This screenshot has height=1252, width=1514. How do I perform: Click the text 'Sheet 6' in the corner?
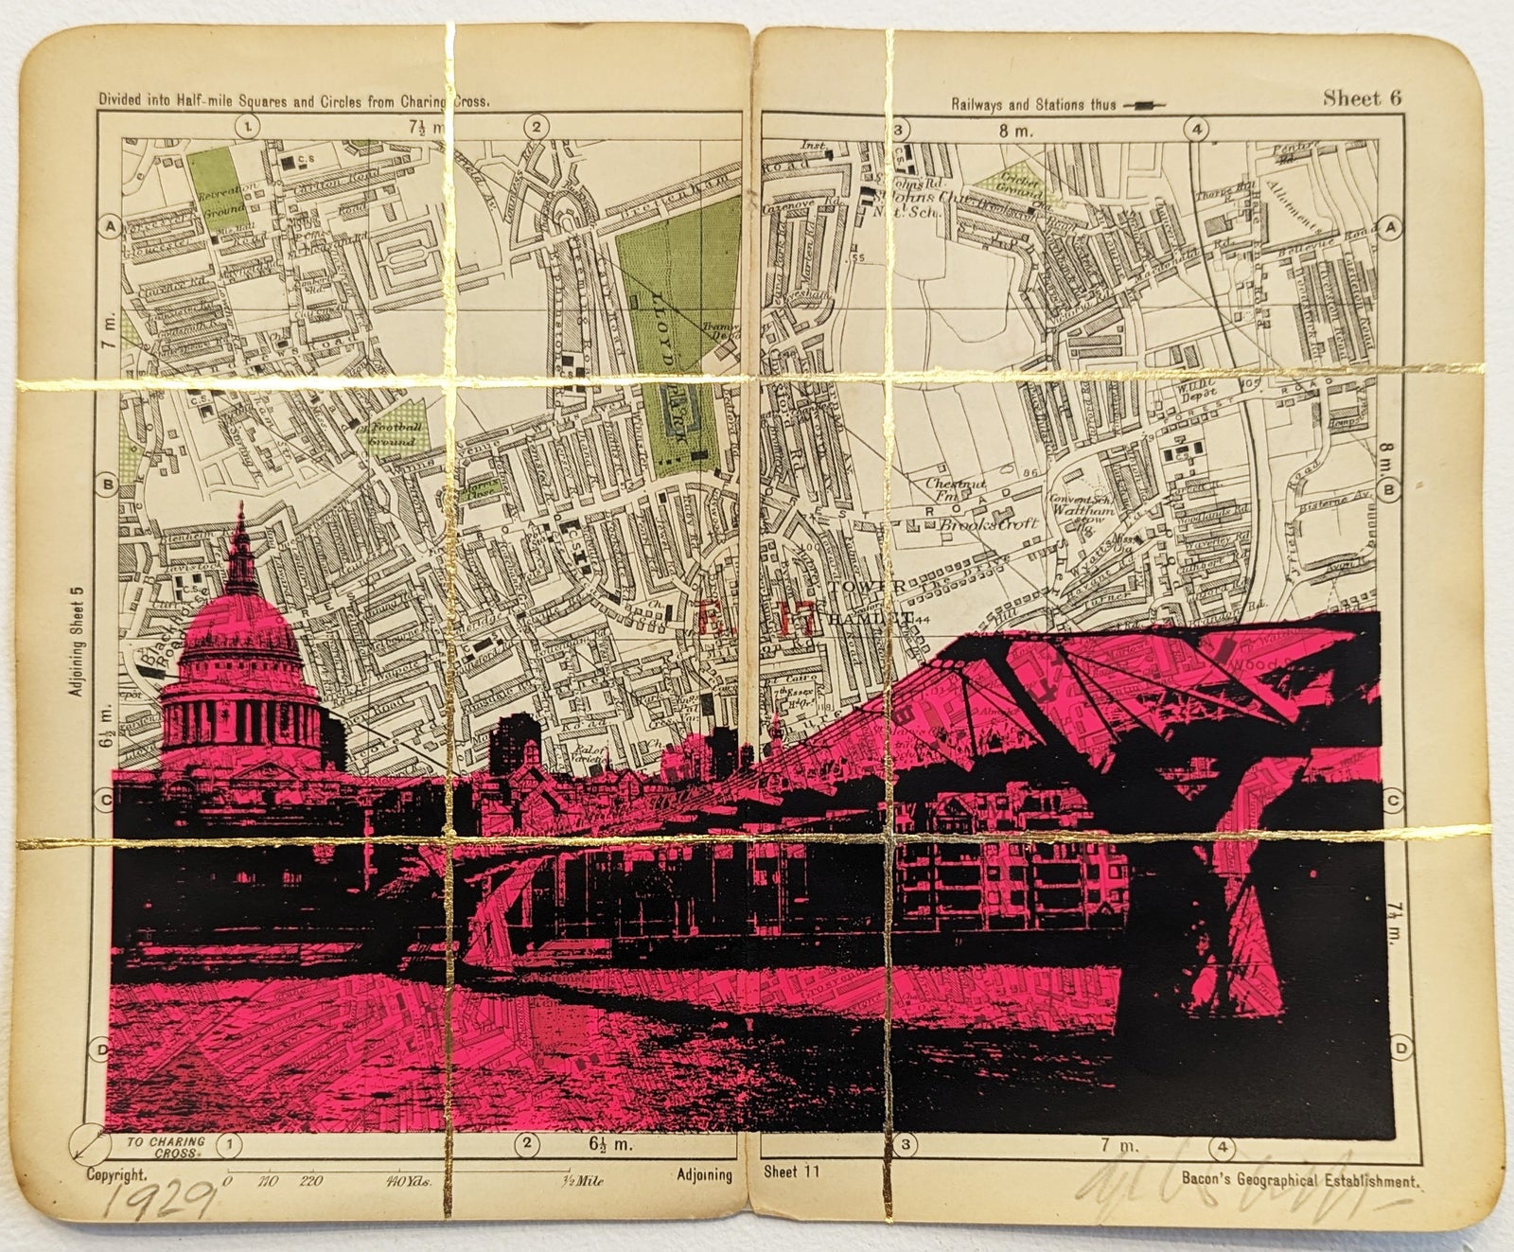(1362, 97)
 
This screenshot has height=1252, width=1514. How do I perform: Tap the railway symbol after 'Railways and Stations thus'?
(1145, 106)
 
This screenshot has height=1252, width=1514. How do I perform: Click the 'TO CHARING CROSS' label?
(166, 1147)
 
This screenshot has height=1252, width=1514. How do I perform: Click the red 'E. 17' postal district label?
(757, 620)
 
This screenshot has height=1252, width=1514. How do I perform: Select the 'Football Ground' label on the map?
(391, 434)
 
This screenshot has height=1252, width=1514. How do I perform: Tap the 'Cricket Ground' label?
(1021, 183)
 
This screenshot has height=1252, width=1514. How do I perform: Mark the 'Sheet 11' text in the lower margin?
(792, 1173)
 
